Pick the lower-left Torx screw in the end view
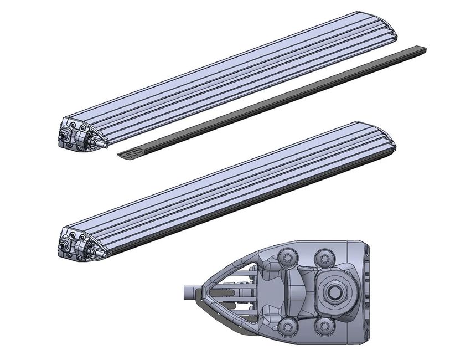287,326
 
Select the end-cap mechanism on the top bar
77,135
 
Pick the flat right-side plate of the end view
363,291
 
